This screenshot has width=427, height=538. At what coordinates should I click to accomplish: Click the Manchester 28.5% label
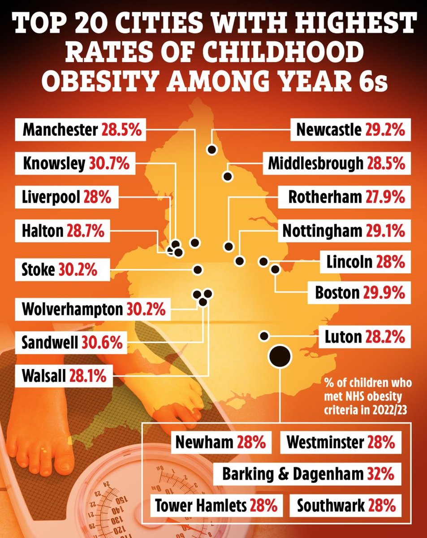(82, 131)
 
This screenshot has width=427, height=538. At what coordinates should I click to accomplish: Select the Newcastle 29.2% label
(350, 131)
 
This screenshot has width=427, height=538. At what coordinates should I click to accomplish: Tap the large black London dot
(279, 356)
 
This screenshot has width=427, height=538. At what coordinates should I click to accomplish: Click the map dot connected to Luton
(264, 336)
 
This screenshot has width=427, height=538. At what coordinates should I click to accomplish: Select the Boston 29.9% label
(360, 293)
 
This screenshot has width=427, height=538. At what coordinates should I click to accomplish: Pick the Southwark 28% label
(346, 507)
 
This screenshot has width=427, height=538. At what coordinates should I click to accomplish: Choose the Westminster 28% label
(340, 443)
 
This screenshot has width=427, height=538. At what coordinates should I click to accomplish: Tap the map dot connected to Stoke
(197, 269)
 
